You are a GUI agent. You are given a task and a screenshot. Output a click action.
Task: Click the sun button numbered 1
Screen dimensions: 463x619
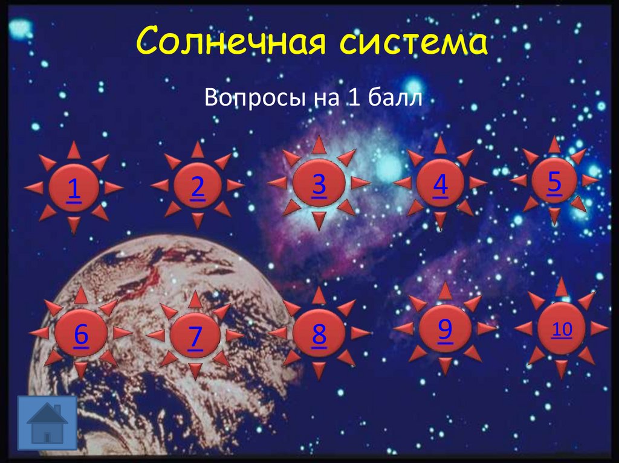click(74, 188)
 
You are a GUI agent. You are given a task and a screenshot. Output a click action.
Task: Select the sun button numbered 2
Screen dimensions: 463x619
click(197, 187)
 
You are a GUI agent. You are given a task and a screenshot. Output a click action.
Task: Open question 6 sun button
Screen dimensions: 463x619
click(81, 334)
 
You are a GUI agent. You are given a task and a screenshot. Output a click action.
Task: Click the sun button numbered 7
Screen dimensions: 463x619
click(195, 336)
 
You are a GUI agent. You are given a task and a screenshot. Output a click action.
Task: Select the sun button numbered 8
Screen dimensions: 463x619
click(319, 333)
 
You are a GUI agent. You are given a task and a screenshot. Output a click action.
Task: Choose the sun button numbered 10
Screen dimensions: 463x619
click(562, 328)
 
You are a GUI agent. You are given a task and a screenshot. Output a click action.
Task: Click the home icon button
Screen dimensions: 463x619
click(47, 423)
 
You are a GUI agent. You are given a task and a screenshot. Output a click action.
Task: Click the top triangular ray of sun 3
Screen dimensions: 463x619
click(319, 145)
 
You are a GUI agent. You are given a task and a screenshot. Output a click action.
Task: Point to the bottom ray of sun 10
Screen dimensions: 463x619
click(562, 368)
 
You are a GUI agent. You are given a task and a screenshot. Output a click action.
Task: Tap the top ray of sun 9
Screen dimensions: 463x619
click(446, 290)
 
